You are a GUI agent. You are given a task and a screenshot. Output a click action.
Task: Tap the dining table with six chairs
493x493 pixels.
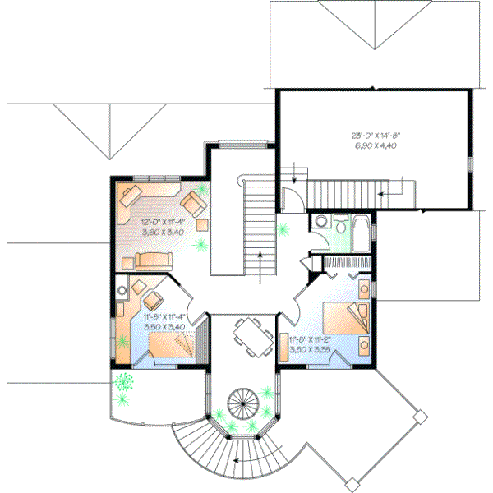[251, 337]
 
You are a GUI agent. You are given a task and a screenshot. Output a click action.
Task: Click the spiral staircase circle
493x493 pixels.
[243, 403]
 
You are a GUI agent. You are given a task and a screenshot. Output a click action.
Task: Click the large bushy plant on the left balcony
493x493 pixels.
[125, 381]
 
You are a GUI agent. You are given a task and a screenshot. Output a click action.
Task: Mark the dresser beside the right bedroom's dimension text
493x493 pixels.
[282, 347]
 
